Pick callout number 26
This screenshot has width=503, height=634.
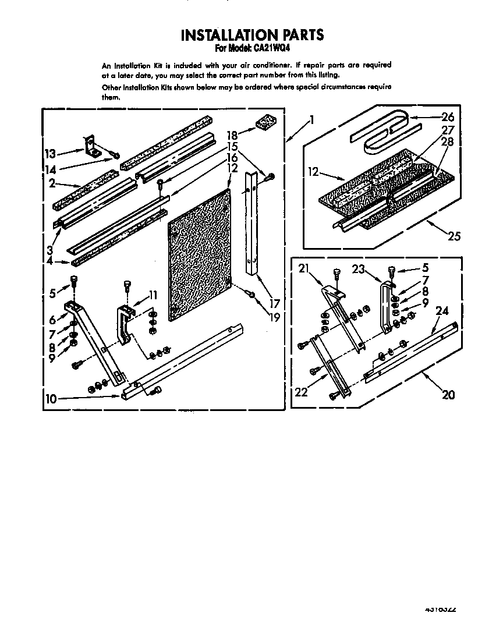click(x=448, y=116)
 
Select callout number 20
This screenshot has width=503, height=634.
click(x=448, y=394)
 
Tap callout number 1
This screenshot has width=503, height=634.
click(x=312, y=121)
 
